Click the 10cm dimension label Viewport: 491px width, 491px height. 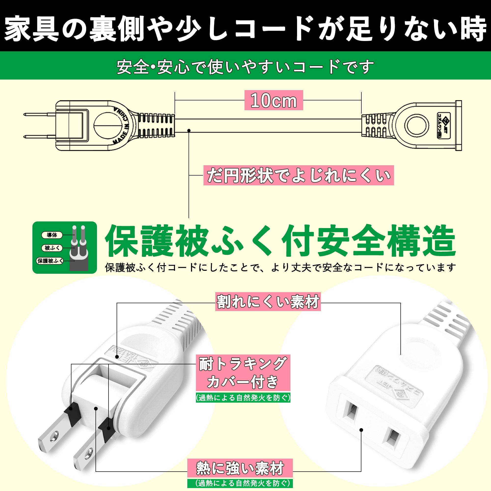pos(274,101)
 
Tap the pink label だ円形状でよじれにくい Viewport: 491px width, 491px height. pos(298,175)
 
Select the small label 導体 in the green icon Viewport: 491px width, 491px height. pos(52,235)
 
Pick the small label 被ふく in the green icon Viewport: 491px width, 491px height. pos(52,248)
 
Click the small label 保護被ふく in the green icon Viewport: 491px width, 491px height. pos(50,261)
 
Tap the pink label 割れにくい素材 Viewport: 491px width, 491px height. pos(268,302)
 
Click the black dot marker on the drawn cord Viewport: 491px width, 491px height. pos(189,131)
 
